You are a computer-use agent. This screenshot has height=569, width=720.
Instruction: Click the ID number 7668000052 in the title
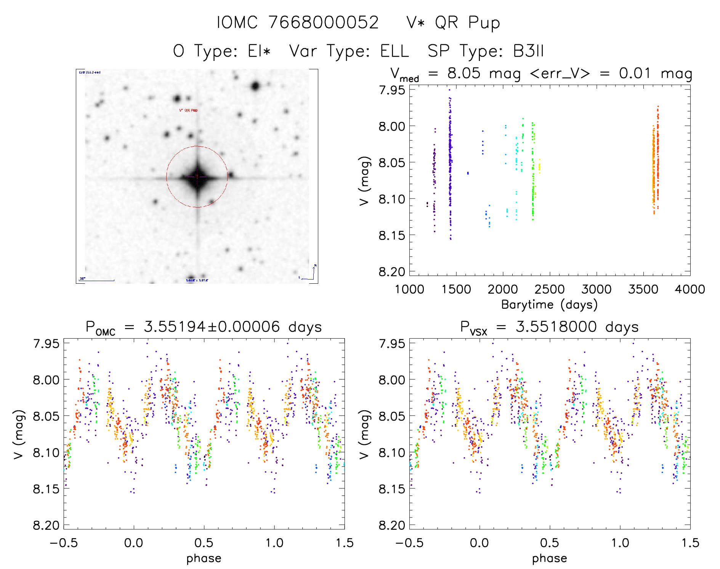(324, 22)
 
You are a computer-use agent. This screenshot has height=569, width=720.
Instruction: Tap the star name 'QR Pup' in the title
(467, 23)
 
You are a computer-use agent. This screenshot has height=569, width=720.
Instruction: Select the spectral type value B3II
(528, 51)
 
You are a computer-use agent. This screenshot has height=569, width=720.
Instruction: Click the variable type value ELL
(394, 51)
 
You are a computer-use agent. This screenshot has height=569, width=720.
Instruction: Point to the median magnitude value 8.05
(464, 73)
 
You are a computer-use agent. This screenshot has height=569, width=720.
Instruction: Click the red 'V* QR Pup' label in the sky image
(188, 110)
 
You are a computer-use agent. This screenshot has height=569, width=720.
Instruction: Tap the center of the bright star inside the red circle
(197, 177)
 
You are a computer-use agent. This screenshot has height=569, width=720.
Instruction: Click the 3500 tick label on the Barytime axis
(643, 289)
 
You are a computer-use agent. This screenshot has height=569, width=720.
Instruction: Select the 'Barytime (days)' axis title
(549, 305)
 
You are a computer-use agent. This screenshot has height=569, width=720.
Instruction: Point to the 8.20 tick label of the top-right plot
(391, 272)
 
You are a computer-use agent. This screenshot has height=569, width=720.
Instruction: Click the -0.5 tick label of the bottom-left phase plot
(64, 543)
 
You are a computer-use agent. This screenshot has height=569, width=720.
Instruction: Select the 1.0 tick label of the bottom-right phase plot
(620, 543)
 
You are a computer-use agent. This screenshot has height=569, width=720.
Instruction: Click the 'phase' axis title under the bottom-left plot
(204, 558)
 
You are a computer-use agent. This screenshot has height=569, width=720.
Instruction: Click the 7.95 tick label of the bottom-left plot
(46, 344)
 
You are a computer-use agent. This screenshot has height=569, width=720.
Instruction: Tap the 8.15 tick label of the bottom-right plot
(391, 489)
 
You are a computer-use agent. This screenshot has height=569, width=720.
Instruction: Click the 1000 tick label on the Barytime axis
(409, 289)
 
